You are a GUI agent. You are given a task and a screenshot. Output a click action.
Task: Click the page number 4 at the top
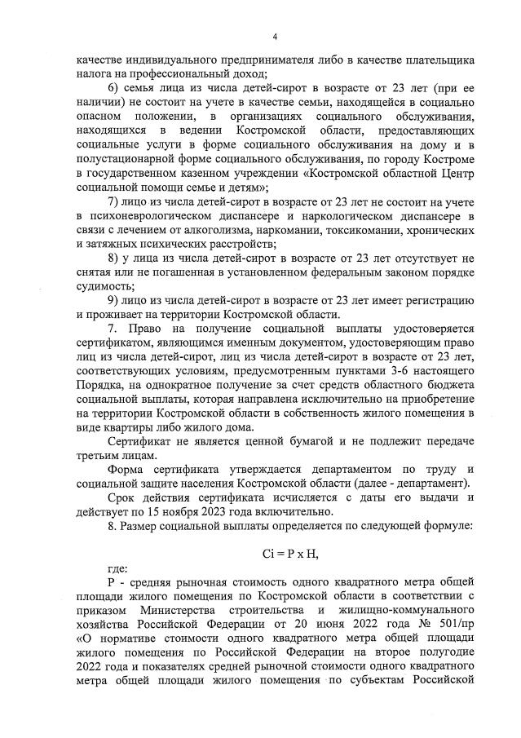[275, 37]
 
